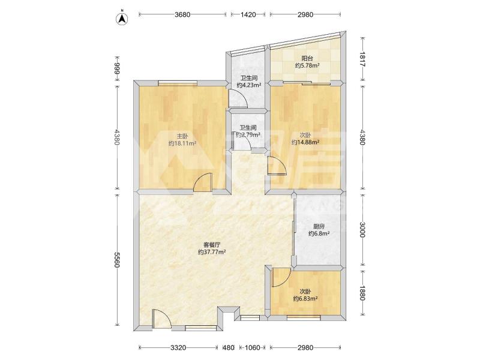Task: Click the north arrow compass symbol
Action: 122,19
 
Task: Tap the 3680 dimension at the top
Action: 182,14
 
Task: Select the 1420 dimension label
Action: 248,14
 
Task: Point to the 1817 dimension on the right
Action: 362,59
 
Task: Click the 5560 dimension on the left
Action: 116,260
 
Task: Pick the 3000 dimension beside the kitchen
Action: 362,230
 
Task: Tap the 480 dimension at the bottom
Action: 229,348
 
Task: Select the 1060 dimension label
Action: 253,348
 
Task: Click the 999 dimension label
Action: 116,69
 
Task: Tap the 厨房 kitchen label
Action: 319,227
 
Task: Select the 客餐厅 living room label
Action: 212,245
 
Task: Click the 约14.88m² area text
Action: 305,142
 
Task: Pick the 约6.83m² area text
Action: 305,298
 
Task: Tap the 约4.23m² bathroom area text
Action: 248,85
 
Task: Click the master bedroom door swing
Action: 203,182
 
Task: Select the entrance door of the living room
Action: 161,319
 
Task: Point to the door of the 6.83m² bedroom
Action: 281,277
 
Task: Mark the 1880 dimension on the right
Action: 362,293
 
